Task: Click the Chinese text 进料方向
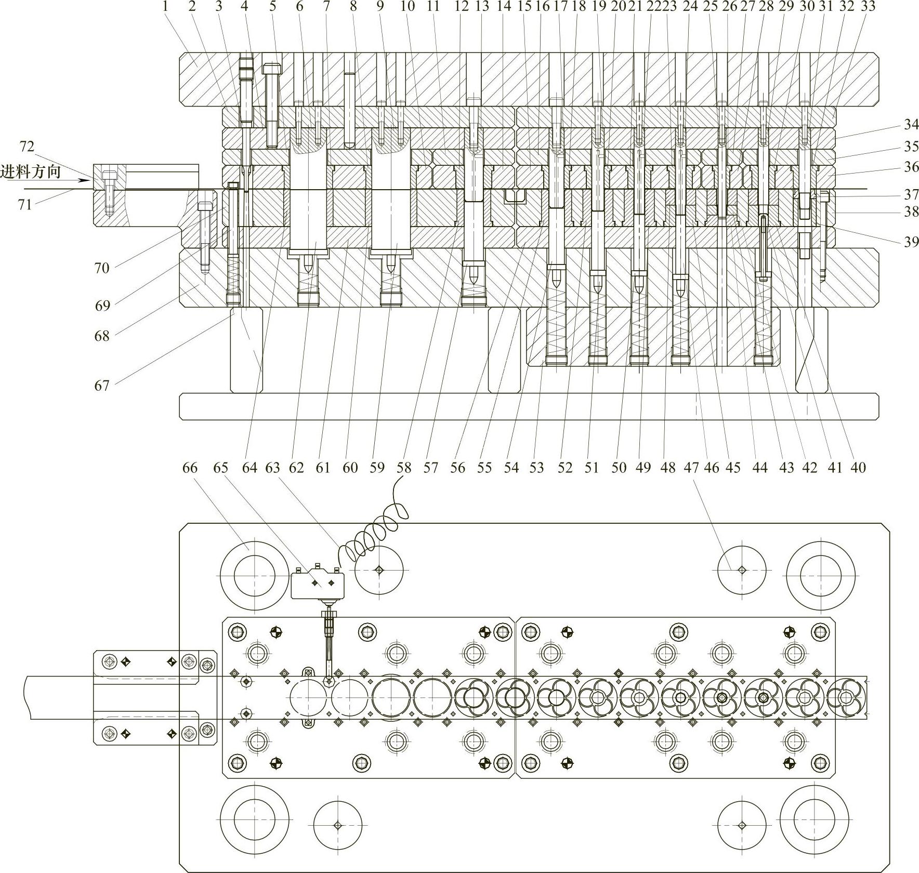[x=31, y=171]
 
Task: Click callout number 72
[x=27, y=147]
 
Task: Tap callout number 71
[x=25, y=205]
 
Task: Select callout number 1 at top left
[x=165, y=6]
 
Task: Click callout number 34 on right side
[x=911, y=124]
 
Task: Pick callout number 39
[x=911, y=242]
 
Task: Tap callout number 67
[x=102, y=386]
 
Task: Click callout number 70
[x=102, y=268]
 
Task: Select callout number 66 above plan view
[x=190, y=468]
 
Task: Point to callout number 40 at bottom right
[x=858, y=468]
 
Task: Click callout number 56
[x=457, y=468]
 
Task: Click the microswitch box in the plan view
[x=317, y=585]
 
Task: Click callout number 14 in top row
[x=504, y=6]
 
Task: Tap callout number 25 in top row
[x=710, y=6]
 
